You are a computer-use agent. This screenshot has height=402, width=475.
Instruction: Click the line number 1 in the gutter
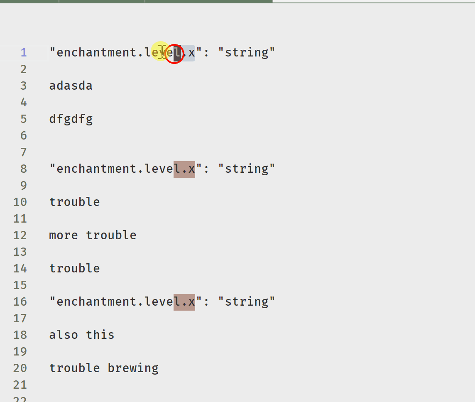tap(24, 53)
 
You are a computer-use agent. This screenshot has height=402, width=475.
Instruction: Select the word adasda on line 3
tap(71, 86)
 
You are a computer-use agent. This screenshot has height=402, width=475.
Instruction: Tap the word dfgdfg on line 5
tap(71, 119)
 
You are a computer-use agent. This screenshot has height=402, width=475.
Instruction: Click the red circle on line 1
tap(174, 54)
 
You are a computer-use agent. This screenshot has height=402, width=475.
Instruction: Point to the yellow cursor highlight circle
tap(161, 51)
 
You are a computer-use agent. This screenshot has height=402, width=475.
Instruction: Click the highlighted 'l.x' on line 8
tap(184, 169)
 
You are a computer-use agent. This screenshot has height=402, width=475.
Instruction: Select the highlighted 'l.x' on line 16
tap(184, 302)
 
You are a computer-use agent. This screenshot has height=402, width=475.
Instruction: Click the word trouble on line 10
tap(74, 202)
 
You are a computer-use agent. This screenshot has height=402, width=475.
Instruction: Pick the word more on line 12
tap(64, 235)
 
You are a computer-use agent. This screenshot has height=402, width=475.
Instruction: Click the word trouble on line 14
tap(74, 268)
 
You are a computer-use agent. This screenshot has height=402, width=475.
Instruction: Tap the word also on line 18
tap(64, 335)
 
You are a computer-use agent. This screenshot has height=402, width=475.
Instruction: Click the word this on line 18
tap(100, 335)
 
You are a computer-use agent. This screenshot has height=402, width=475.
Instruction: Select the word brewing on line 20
tap(133, 368)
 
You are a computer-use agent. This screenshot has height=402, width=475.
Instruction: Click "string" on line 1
tap(247, 53)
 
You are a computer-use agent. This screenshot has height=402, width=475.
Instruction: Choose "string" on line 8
tap(247, 169)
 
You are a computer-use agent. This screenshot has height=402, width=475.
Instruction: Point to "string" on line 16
tap(247, 302)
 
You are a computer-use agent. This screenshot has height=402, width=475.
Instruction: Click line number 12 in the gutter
tap(20, 235)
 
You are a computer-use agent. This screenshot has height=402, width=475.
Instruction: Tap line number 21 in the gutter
tap(20, 385)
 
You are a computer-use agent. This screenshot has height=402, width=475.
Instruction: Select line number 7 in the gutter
tap(24, 152)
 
